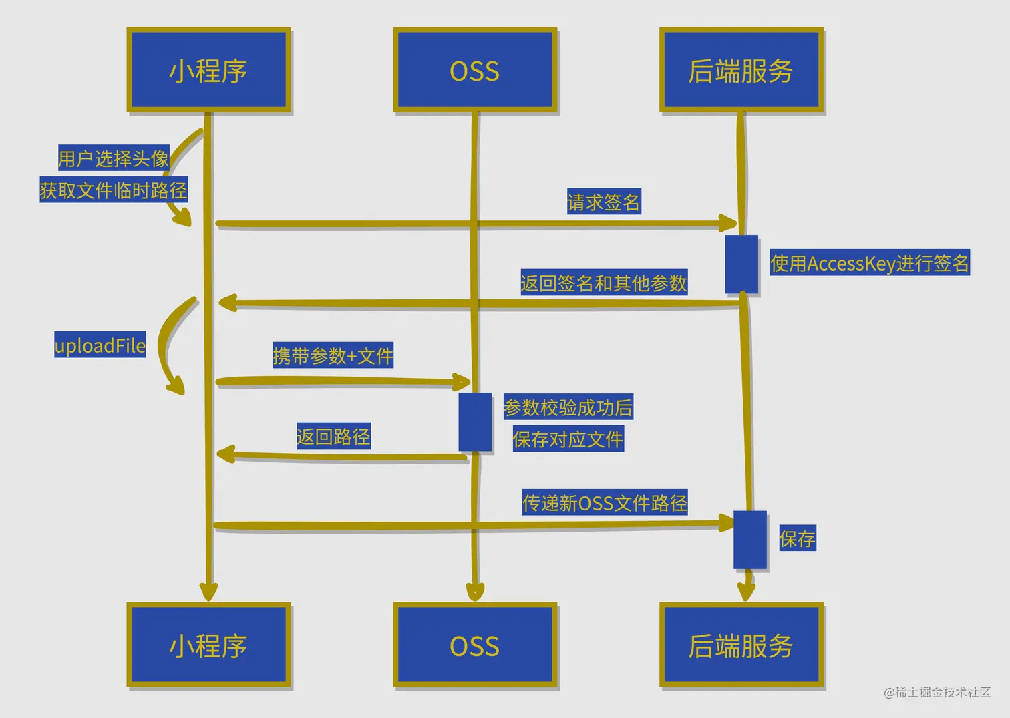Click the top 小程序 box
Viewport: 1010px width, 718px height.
208,70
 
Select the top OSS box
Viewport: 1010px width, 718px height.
475,70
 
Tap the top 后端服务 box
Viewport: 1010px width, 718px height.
741,70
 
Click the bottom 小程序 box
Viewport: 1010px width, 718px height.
208,645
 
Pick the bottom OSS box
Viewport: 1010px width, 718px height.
475,645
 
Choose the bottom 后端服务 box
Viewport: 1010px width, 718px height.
741,645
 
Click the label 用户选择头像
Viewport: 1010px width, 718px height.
114,158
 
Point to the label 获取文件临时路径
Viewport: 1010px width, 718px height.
114,190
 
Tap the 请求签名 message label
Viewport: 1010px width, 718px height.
603,202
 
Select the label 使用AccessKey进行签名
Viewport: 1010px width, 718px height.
869,263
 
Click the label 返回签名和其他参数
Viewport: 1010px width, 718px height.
603,283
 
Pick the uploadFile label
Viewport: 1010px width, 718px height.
100,345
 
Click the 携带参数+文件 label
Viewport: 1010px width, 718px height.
333,355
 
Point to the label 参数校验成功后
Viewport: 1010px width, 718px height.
568,407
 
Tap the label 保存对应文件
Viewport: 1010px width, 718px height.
568,439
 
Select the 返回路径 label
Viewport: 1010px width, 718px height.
333,437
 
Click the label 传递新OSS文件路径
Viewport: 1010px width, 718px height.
605,502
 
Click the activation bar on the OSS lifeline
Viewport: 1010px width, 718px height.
475,422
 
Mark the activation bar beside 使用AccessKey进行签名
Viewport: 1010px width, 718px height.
741,264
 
